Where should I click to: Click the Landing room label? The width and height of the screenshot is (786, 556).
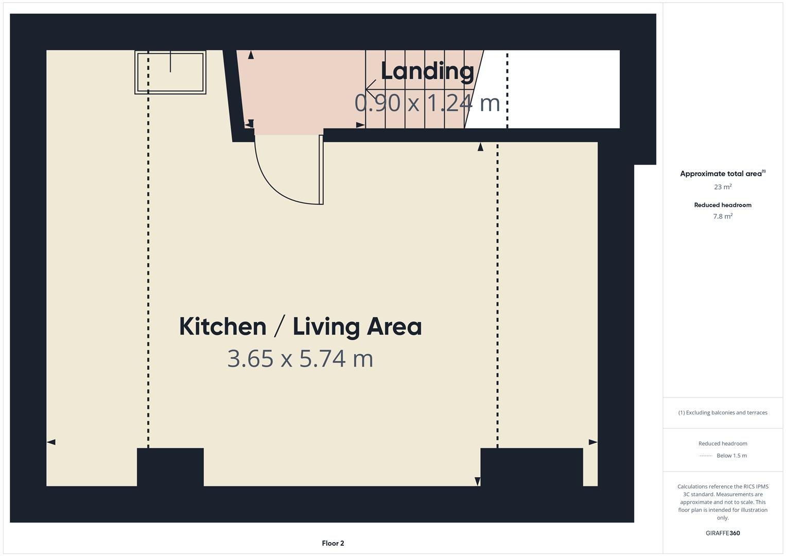(x=427, y=72)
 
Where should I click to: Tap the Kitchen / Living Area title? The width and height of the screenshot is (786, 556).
(x=300, y=326)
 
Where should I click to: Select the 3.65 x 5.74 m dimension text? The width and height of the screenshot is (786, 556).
(x=300, y=358)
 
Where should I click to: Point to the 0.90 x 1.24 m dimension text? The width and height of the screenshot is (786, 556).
(x=427, y=102)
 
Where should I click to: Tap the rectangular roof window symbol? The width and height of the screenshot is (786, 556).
(x=170, y=72)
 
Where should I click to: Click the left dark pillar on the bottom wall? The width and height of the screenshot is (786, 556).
(x=170, y=467)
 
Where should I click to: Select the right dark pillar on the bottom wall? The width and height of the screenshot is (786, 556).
(x=531, y=467)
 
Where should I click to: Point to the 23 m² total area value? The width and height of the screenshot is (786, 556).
(x=723, y=187)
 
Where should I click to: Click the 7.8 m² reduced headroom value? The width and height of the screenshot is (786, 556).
(x=723, y=216)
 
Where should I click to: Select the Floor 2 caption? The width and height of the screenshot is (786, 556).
(x=333, y=543)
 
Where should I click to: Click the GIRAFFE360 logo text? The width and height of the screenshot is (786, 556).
(x=723, y=533)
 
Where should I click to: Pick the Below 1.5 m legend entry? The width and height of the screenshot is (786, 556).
(x=731, y=456)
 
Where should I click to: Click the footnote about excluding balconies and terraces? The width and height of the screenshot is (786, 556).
(x=723, y=412)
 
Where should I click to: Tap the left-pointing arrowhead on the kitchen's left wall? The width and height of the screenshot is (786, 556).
(x=51, y=442)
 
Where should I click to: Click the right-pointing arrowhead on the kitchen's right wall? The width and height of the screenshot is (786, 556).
(x=593, y=442)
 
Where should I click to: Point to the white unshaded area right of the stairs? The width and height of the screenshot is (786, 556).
(x=561, y=89)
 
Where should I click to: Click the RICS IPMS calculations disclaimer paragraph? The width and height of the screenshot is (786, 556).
(x=723, y=502)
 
